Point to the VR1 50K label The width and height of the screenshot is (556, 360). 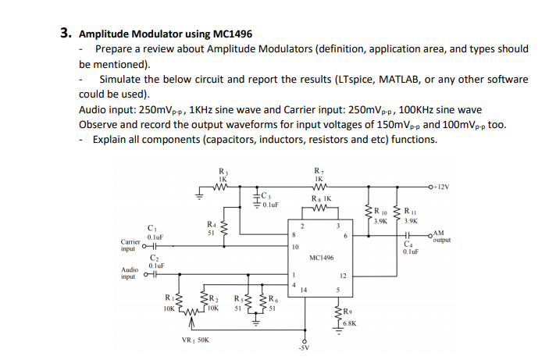pos(194,340)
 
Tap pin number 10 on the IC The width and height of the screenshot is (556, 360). pos(294,247)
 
